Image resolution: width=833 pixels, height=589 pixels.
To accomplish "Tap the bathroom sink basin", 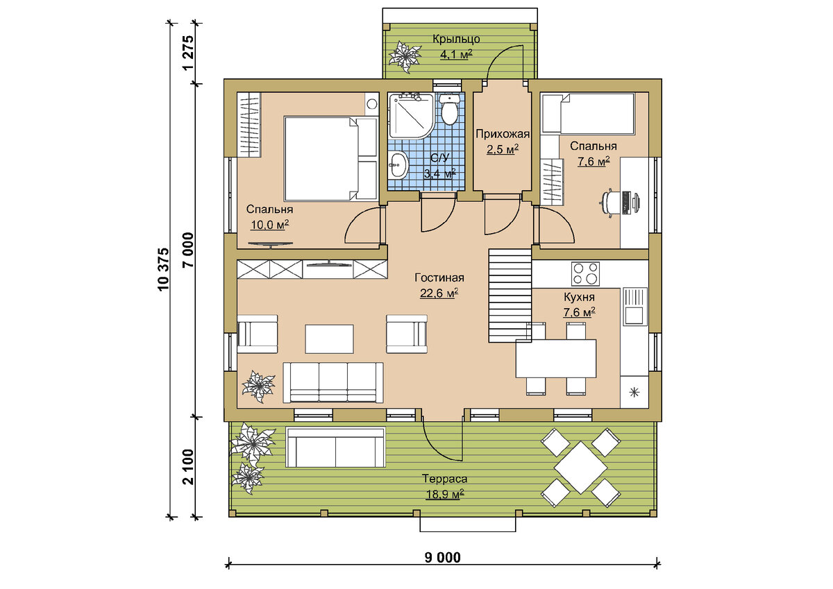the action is (x=398, y=165).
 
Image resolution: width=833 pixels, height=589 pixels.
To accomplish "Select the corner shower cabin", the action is (x=411, y=117).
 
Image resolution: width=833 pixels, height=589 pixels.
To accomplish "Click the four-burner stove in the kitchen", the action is (x=585, y=273).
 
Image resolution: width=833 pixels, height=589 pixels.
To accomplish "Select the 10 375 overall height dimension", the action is (x=163, y=269).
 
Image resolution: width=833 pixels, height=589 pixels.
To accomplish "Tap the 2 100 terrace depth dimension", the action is (x=189, y=467).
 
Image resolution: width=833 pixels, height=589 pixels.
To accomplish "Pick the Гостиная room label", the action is (x=439, y=278).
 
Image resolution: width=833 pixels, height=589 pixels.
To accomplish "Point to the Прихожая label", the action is (x=503, y=133).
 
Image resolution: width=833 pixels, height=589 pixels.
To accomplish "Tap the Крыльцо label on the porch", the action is (x=456, y=39).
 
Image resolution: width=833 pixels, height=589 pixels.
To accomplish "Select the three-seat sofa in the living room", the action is (x=333, y=383).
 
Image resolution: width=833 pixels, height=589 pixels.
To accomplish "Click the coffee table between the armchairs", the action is (x=329, y=339).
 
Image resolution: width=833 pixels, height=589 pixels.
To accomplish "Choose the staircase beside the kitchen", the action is (x=510, y=296).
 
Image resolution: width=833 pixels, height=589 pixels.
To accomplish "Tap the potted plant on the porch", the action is (x=405, y=57).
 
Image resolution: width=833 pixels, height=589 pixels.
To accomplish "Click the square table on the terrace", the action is (x=580, y=468).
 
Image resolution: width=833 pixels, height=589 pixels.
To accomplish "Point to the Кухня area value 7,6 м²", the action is (x=580, y=312).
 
